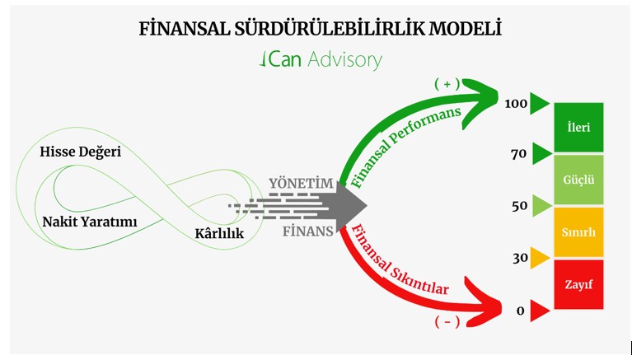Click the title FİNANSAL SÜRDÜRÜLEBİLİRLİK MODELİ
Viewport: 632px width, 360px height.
pos(321,29)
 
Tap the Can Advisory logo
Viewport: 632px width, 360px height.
pos(320,60)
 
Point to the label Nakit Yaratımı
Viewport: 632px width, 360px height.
pos(89,222)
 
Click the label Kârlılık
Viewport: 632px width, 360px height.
pos(218,234)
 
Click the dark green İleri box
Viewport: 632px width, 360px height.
pos(578,128)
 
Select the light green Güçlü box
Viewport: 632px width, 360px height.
pos(578,179)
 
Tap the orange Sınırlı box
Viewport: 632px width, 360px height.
pos(578,232)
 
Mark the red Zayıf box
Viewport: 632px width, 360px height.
pos(578,284)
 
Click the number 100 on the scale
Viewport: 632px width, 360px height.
pos(515,105)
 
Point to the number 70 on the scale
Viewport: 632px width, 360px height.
pos(518,154)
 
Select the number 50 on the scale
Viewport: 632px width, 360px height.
pos(518,205)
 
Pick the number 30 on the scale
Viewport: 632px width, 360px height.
pos(518,258)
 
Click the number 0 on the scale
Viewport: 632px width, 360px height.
pos(520,311)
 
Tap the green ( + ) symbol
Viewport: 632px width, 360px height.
pos(447,84)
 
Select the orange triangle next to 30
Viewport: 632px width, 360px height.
pos(540,258)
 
